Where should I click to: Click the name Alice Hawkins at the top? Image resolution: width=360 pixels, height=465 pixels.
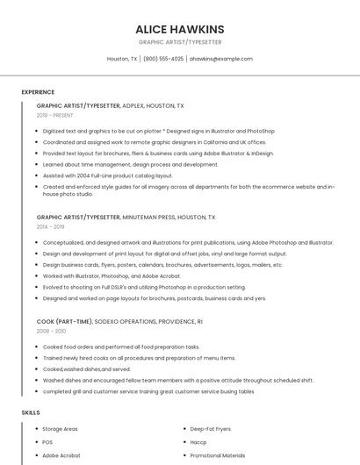[x=180, y=29]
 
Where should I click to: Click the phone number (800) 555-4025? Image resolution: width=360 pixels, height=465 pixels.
[x=163, y=59]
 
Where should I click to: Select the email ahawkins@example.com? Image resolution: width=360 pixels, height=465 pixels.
[x=221, y=59]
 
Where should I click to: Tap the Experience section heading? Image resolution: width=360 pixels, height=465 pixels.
[x=38, y=92]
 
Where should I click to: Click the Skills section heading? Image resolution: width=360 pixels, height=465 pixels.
[x=31, y=412]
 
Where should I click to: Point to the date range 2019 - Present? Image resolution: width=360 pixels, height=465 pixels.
[x=55, y=115]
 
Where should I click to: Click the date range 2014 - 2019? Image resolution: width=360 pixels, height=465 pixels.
[x=51, y=226]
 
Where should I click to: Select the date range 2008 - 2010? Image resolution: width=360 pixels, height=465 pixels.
[x=51, y=331]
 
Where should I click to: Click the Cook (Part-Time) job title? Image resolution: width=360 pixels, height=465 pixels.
[x=64, y=321]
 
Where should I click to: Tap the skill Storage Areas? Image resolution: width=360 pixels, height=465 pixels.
[x=60, y=429]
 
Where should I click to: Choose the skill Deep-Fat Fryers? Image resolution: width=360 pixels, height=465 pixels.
[x=211, y=429]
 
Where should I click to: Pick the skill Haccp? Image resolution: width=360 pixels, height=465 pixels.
[x=199, y=442]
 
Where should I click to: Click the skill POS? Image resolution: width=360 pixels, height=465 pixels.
[x=47, y=442]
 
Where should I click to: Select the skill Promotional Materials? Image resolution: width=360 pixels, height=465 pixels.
[x=218, y=455]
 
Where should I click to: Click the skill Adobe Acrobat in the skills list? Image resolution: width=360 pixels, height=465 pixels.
[x=61, y=455]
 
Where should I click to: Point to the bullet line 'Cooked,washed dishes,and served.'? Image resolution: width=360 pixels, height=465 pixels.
[x=85, y=369]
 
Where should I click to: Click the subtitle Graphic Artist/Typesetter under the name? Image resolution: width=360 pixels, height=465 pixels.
[x=180, y=42]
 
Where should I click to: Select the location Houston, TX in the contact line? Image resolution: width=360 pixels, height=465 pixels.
[x=122, y=59]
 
